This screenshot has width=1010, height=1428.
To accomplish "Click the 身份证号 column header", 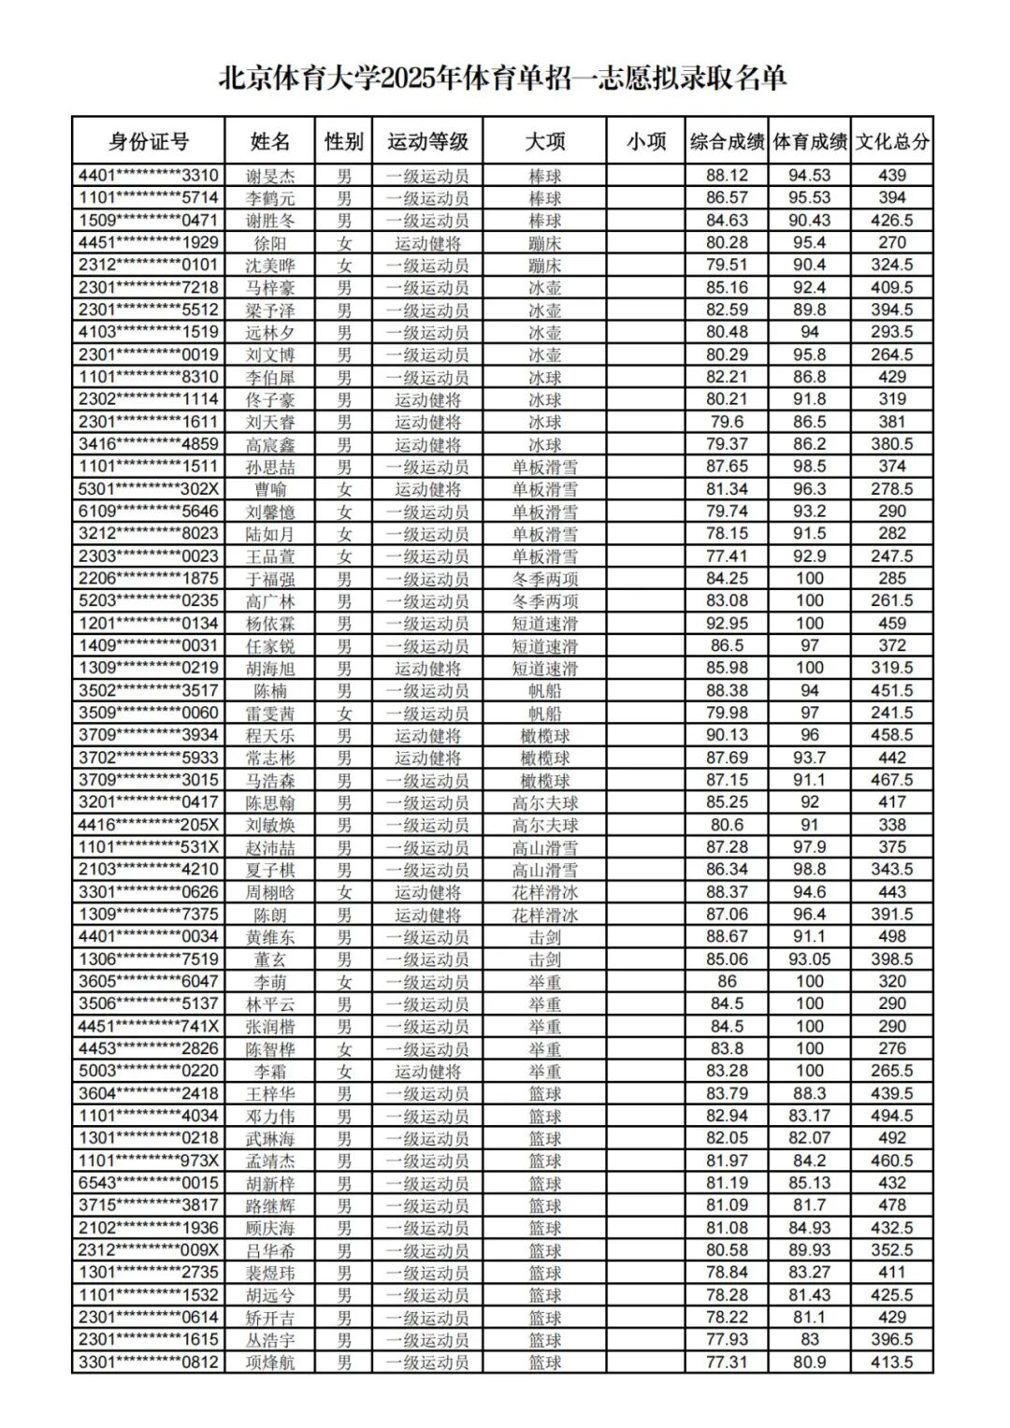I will click(149, 141).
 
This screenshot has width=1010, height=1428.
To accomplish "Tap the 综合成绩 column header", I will click(727, 141).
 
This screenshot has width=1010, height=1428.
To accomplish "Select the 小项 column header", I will click(646, 141).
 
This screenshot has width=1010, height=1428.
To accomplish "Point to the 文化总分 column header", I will click(892, 141).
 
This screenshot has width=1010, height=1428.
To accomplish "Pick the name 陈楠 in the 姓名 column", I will click(270, 691).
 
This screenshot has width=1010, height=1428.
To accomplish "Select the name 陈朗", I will click(270, 915).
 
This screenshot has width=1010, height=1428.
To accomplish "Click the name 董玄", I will click(270, 959).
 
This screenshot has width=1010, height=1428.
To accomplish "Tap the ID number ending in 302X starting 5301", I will click(149, 489).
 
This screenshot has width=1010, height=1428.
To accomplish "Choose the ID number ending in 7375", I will click(149, 915).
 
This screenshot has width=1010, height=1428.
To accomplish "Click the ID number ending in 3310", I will click(149, 176).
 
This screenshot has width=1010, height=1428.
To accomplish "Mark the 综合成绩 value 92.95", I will click(727, 624).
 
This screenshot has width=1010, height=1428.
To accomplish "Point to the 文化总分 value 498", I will click(892, 937).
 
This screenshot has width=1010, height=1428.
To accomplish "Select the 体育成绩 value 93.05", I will click(810, 959).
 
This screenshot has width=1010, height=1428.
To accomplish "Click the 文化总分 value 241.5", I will click(892, 714).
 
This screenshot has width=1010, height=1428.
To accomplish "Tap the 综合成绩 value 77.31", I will click(727, 1363).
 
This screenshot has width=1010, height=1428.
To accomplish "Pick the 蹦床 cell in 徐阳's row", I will click(545, 243).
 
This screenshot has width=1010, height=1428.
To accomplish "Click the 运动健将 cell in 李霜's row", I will click(427, 1072).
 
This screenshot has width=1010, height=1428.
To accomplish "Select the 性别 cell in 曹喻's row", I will click(344, 489).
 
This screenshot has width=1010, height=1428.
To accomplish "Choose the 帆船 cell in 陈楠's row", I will click(545, 691).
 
